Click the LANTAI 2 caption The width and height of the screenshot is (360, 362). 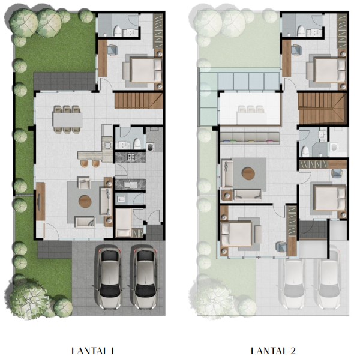pos(273,351)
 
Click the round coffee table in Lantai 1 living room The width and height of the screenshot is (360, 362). pos(85,201)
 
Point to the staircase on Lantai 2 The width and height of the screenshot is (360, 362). pos(323,109)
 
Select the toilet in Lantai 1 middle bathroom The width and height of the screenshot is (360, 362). pos(137,144)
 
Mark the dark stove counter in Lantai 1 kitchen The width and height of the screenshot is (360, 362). pos(127,157)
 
